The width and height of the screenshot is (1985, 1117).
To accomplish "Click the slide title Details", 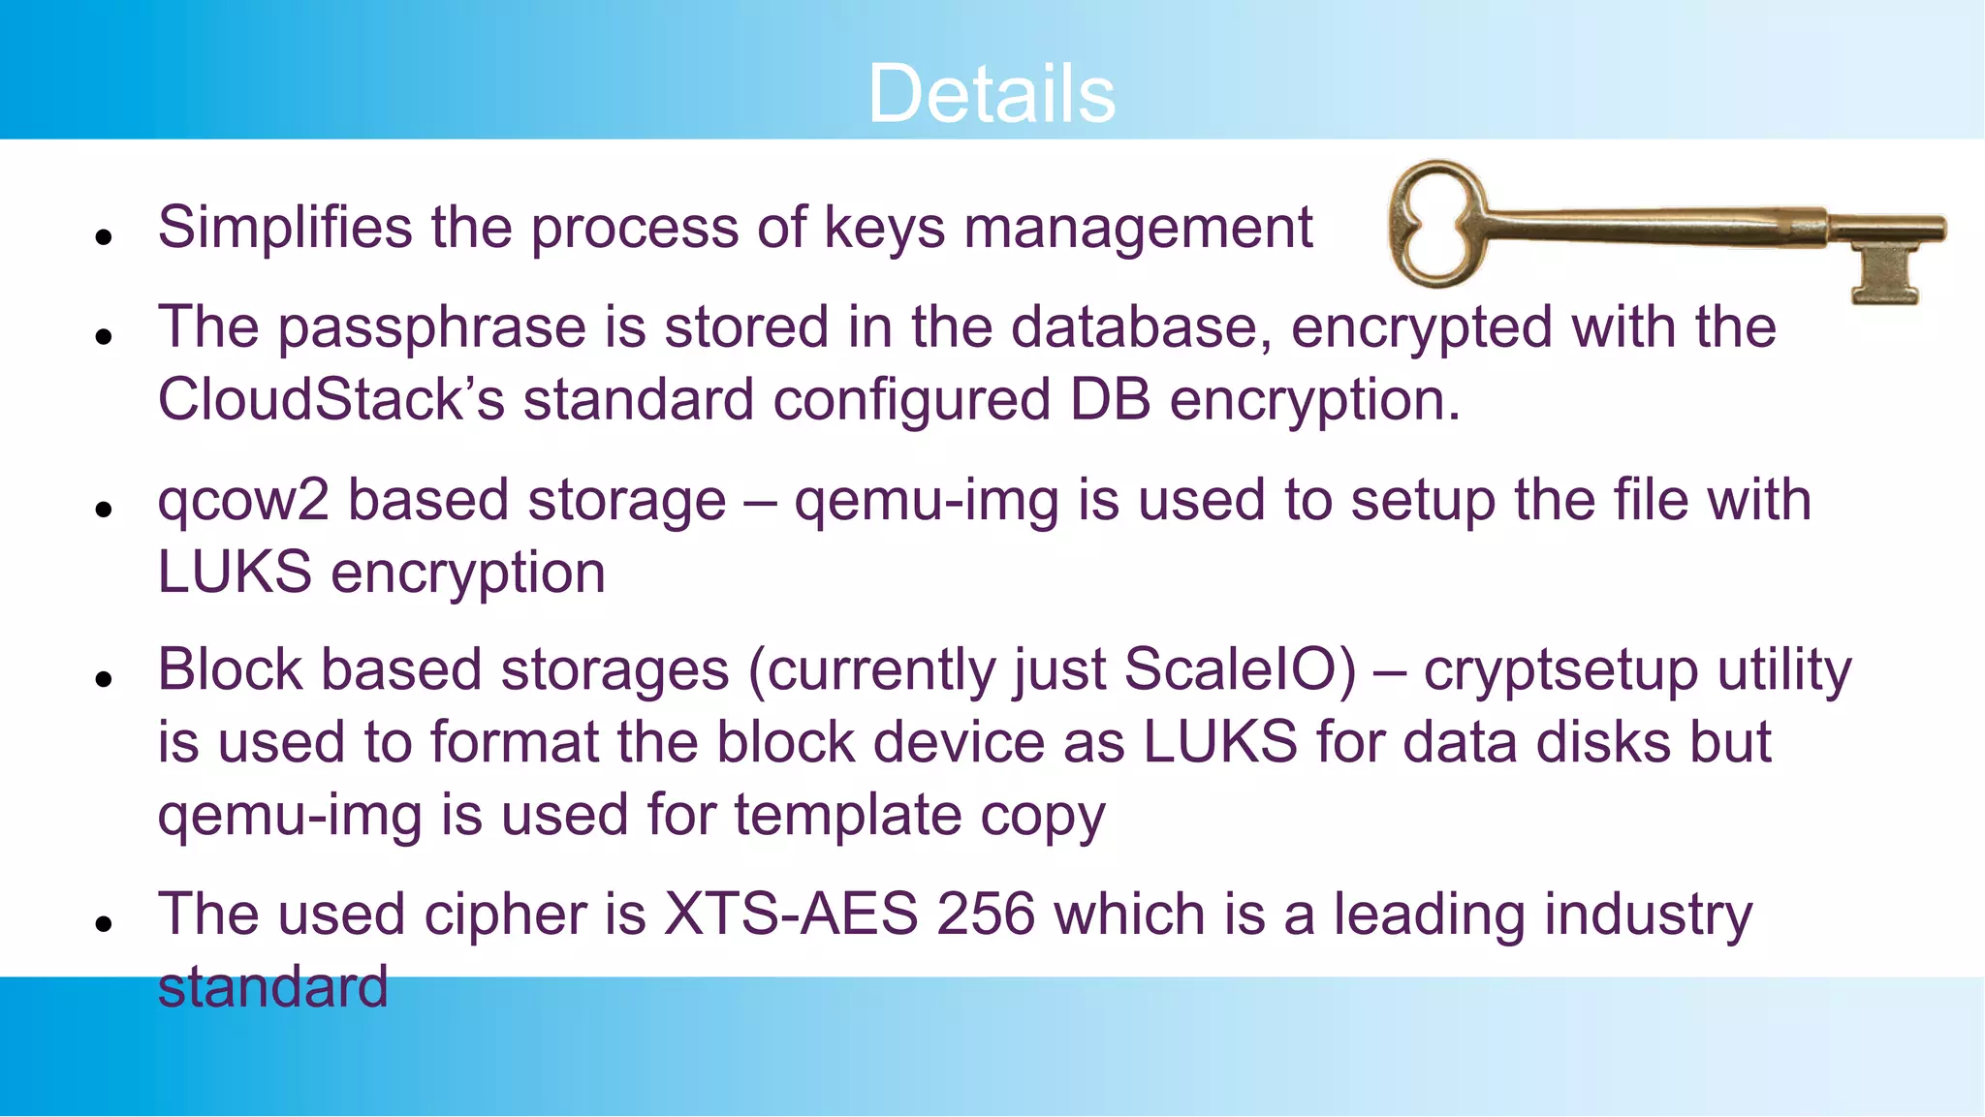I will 992,94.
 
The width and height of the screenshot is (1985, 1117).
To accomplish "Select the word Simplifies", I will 286,229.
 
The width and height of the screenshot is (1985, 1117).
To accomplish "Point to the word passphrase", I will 431,327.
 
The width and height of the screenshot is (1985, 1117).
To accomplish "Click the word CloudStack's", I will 331,400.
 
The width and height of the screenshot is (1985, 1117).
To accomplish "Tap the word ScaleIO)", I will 1240,670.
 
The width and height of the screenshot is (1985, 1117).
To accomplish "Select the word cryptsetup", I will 1560,671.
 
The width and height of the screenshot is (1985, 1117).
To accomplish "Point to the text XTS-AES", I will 790,915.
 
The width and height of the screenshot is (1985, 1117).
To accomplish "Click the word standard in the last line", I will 272,987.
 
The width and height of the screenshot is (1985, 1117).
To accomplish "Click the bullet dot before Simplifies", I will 105,236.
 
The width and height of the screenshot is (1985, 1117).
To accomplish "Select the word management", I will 1138,229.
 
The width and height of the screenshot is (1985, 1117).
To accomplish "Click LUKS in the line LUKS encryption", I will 235,574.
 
